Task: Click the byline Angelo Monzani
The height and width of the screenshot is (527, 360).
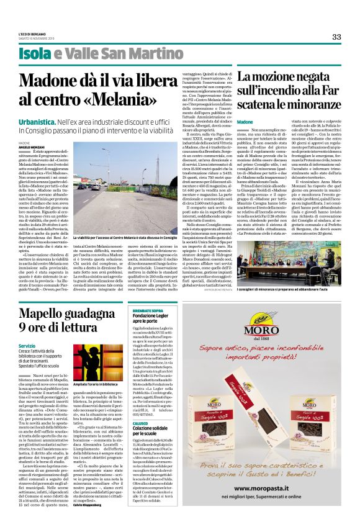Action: [32, 146]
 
